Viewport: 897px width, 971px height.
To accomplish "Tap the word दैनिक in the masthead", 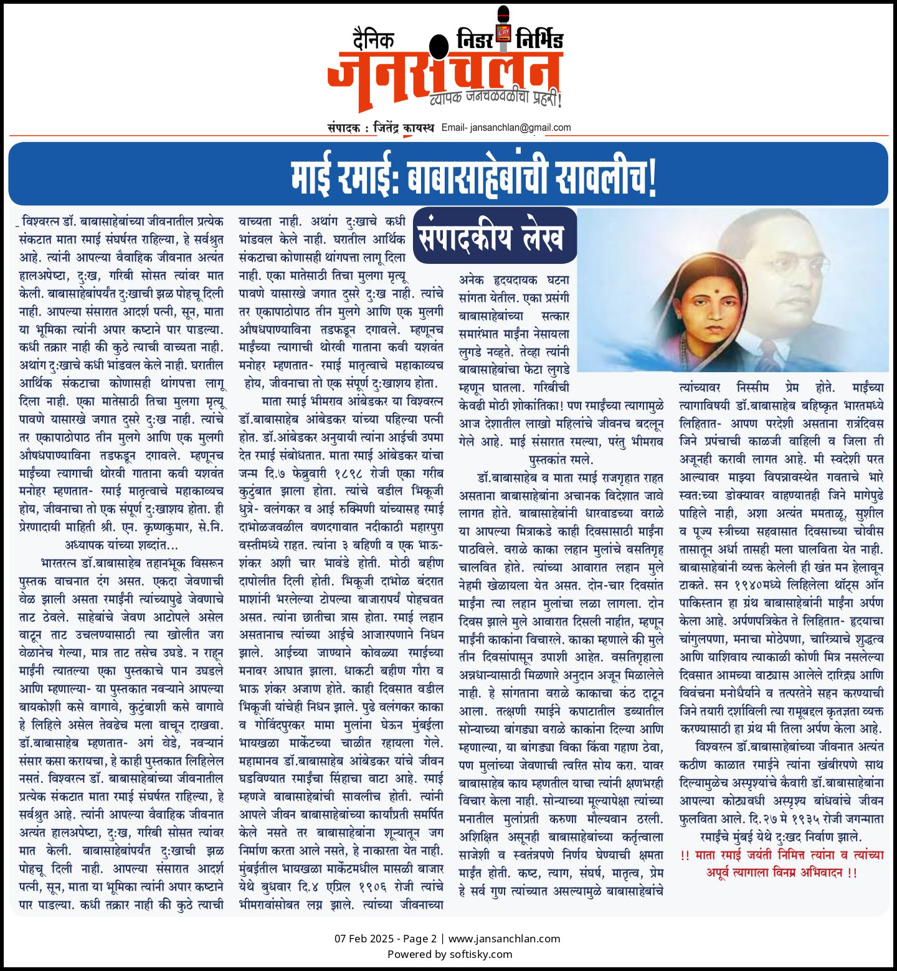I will point(373,40).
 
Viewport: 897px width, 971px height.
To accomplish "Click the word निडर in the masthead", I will point(475,39).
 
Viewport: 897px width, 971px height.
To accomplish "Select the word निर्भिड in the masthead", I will point(539,40).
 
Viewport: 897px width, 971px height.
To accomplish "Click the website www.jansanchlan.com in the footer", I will point(504,939).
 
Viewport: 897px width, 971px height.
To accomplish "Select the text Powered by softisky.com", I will point(449,954).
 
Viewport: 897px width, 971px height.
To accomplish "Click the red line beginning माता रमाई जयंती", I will point(782,855).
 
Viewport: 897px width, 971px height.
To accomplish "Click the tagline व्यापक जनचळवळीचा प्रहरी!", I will point(495,98).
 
